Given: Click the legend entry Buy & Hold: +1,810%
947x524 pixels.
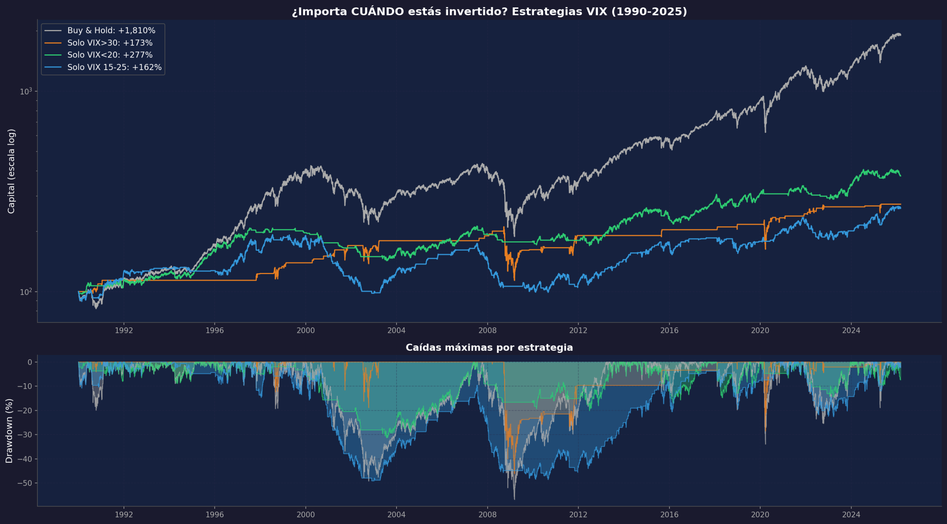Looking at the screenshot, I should coord(111,30).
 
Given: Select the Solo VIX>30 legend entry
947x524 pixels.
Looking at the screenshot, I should coord(109,43).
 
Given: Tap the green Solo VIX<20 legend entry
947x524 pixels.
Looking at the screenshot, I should coord(109,55).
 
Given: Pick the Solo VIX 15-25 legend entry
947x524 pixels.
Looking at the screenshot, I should coord(114,67).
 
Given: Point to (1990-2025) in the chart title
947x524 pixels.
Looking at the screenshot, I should coord(649,11).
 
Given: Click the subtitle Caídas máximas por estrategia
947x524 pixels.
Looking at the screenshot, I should coord(489,347).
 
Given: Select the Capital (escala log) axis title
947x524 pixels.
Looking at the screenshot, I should coord(11,171).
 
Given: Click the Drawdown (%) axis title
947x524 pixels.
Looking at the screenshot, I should coord(9,431).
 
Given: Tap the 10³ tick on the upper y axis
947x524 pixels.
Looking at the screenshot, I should coord(26,91).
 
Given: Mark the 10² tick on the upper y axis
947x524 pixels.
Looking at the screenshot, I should coord(26,292).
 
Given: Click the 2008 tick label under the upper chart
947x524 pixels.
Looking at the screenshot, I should coord(487,330).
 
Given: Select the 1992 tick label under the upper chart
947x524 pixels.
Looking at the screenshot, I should coord(124,330).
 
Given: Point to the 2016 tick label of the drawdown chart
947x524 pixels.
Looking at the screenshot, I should coord(669,514).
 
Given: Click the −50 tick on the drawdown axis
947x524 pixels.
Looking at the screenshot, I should coord(24,483).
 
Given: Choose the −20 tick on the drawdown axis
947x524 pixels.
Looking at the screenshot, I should coord(24,410).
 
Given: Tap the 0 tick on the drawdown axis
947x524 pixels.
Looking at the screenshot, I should coord(30,362).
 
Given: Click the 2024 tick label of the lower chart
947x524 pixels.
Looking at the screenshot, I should coord(851,514).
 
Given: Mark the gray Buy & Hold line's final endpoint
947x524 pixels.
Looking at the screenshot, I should coord(900,35).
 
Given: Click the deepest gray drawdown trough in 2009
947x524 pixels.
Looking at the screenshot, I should coord(514,498).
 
